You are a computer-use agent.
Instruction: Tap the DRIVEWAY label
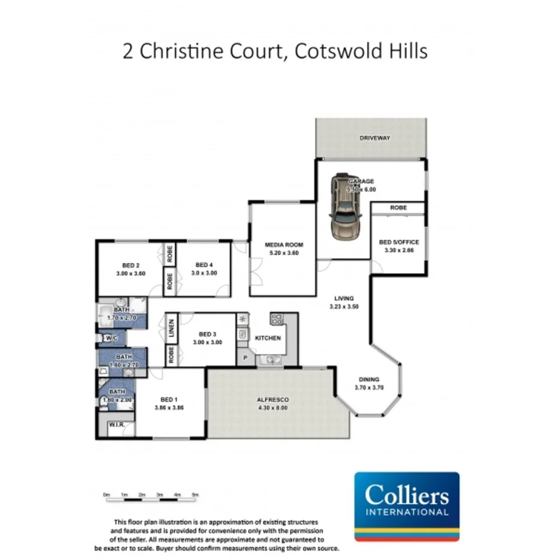[x=375, y=138]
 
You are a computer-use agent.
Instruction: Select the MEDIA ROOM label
[x=284, y=245]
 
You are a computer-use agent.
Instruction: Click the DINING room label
[x=369, y=379]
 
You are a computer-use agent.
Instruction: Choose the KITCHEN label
[x=268, y=338]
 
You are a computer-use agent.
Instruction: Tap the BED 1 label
[x=169, y=399]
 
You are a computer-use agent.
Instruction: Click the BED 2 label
[x=131, y=265]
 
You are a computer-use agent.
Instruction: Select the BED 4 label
[x=204, y=265]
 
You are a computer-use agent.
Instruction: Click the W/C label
[x=111, y=339]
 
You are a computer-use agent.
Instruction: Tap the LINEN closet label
[x=171, y=328]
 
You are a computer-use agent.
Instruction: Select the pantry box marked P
[x=245, y=357]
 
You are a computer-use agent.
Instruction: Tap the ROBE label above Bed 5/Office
[x=398, y=208]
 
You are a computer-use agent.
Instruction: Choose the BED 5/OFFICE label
[x=399, y=242]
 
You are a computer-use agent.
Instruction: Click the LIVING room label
[x=344, y=298]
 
